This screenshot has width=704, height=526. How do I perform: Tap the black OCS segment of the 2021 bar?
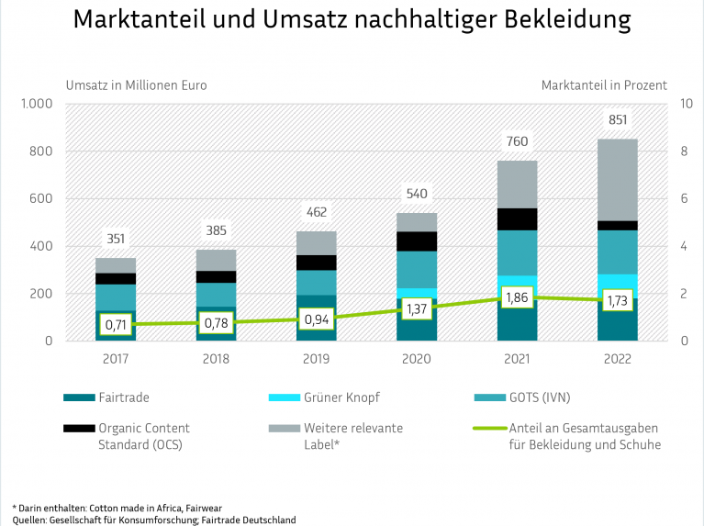coord(517,218)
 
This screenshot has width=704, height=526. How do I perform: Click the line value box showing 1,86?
coord(517,297)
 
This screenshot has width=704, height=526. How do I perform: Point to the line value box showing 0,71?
coord(117,324)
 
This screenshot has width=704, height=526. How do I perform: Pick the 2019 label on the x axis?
coord(317,360)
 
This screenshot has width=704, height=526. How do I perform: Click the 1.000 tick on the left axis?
coord(39,104)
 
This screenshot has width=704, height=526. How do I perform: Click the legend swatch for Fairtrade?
coord(80,397)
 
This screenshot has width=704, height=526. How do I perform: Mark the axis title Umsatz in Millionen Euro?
coord(136,85)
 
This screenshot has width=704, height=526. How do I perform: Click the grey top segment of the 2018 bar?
coord(217,260)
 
